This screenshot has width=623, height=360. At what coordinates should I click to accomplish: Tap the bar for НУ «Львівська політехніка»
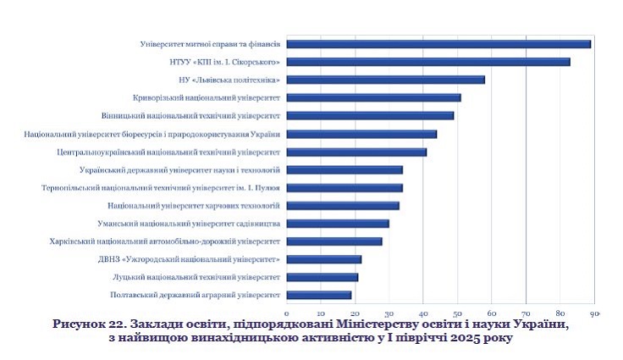click(386, 80)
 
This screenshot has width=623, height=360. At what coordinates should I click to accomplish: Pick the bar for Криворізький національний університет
click(374, 97)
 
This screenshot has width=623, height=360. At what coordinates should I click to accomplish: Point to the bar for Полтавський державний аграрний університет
click(319, 295)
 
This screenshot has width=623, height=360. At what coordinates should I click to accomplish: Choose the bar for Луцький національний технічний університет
click(323, 277)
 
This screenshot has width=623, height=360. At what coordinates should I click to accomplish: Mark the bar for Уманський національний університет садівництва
click(338, 224)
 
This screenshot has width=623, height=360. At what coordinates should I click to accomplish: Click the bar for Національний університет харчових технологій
click(343, 205)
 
